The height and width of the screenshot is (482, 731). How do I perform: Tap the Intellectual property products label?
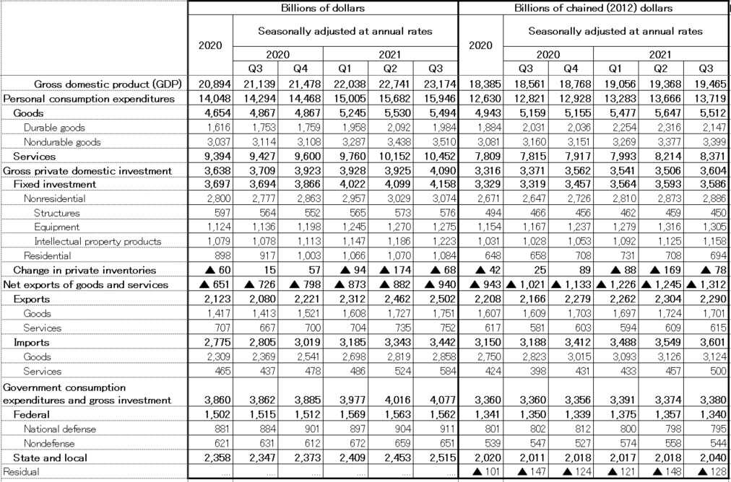coord(97,241)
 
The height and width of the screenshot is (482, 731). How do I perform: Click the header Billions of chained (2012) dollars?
coord(593,8)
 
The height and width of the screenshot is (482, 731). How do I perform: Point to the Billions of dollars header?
coord(323,8)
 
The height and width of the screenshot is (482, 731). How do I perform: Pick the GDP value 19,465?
coord(709,84)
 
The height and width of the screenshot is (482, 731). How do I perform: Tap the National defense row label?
coord(59,429)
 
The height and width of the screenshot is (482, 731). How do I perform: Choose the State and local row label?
coord(50,457)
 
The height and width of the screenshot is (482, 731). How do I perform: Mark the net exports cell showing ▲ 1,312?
coord(705,284)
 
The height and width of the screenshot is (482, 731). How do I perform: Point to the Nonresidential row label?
coord(54,198)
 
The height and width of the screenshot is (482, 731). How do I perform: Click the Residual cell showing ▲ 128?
coord(708,471)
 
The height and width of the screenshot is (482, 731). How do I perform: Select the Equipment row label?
coord(56,227)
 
